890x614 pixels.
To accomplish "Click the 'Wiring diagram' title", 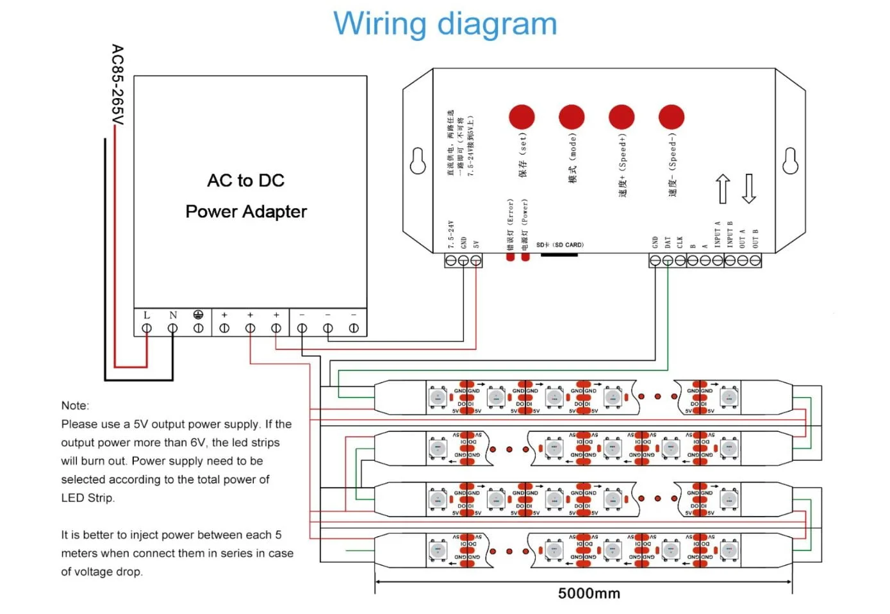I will (445, 24).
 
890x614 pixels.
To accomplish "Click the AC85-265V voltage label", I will (117, 85).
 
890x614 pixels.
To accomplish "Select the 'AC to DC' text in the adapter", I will (245, 181).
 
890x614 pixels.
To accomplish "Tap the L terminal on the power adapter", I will (147, 328).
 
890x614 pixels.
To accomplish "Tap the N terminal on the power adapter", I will (172, 328).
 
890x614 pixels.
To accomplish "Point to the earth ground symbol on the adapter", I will (198, 315).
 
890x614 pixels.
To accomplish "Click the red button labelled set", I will (522, 117).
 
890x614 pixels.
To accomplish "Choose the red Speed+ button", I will (622, 117).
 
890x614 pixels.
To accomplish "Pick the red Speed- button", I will (671, 117).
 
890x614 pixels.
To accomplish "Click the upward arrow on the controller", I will (723, 188).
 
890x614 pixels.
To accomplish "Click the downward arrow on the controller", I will (748, 188).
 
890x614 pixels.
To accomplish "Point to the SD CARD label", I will (560, 245).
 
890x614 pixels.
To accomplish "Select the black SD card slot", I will (559, 254).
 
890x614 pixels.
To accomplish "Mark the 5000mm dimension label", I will (589, 593).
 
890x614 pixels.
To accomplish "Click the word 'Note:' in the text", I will (75, 405).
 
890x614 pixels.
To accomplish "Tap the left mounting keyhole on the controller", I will (418, 161).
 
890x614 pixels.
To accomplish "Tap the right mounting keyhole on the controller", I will (790, 161).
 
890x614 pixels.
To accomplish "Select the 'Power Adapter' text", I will (246, 212).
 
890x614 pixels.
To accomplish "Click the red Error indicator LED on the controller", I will (510, 256).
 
